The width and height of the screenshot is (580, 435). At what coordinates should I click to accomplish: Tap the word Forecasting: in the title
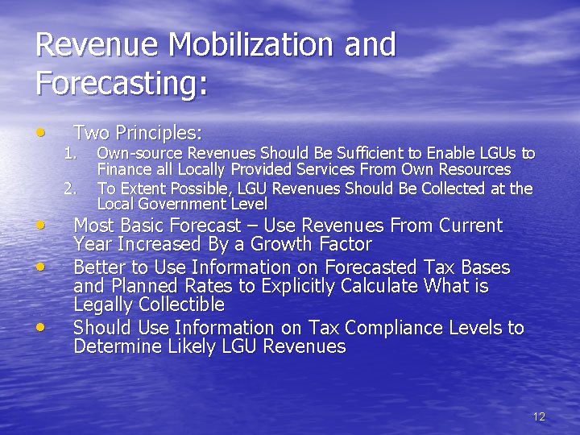pyautogui.click(x=122, y=84)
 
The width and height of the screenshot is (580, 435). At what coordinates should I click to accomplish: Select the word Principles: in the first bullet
pyautogui.click(x=159, y=132)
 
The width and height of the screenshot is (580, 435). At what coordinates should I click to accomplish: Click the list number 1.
pyautogui.click(x=70, y=153)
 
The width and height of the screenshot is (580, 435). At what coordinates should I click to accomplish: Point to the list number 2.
pyautogui.click(x=70, y=188)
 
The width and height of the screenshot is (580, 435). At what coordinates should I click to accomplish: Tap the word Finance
pyautogui.click(x=121, y=169)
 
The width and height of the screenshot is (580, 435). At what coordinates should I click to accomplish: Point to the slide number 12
pyautogui.click(x=539, y=416)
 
